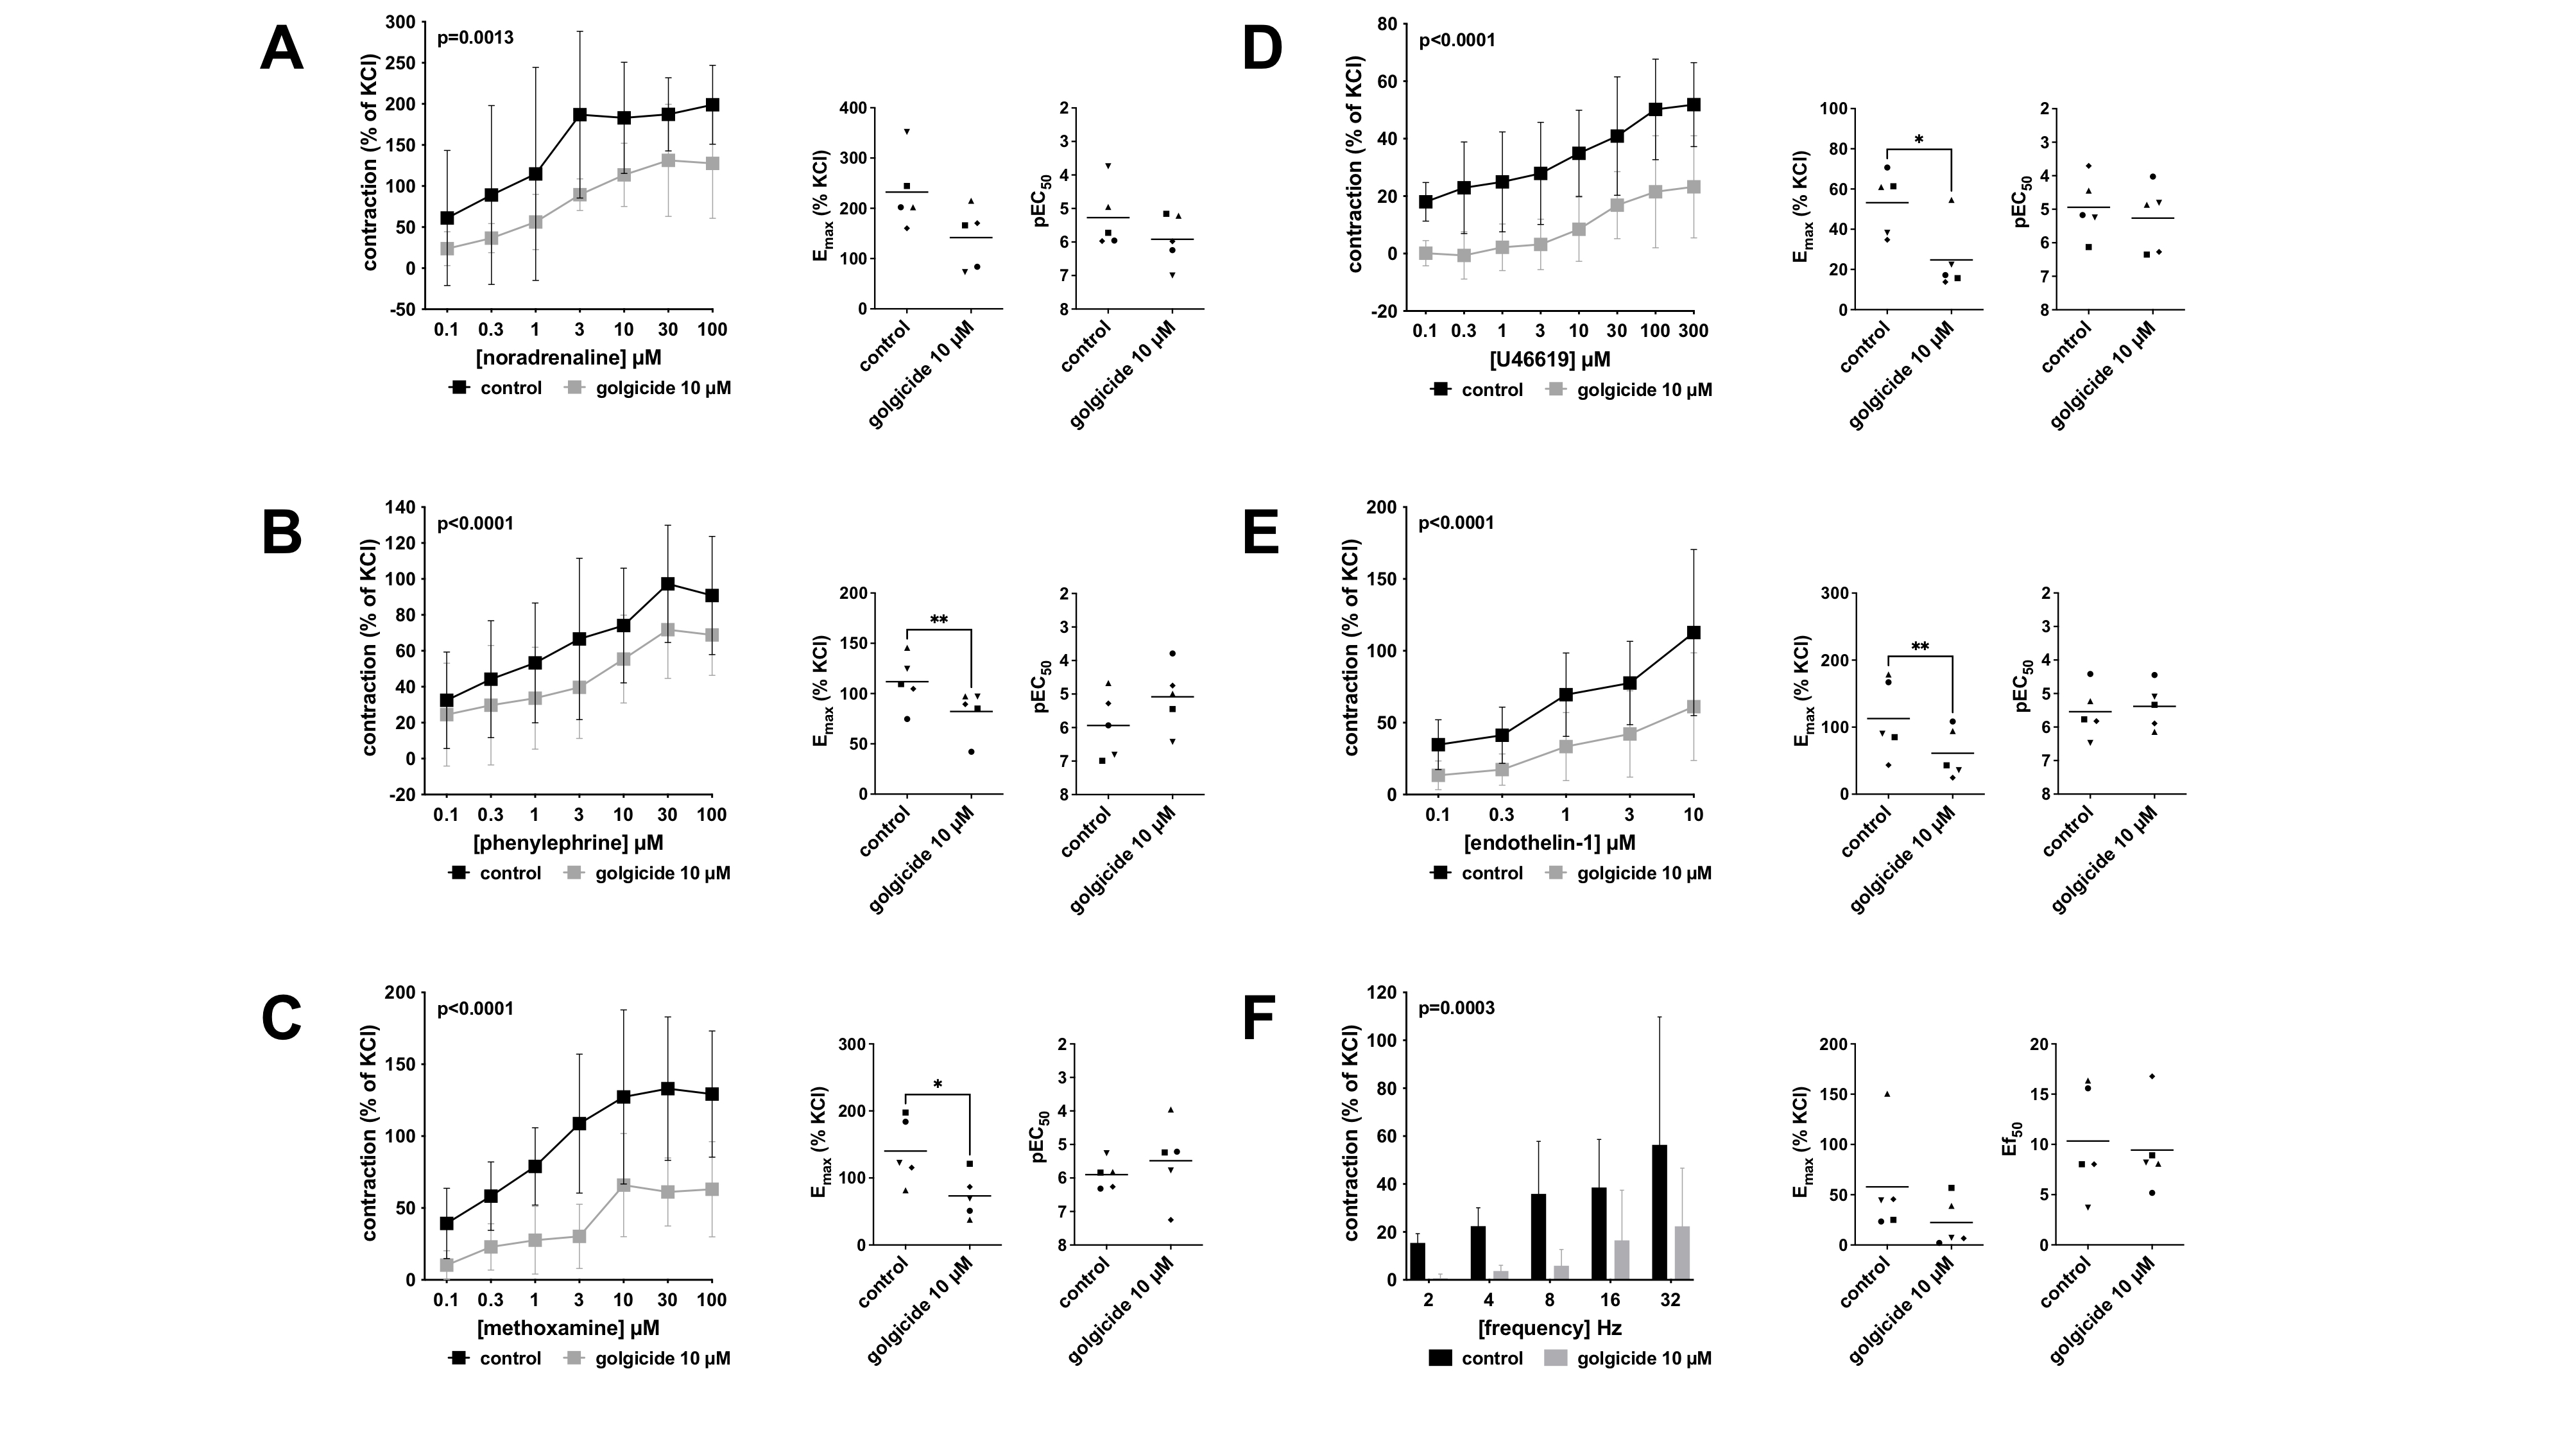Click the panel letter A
(x=281, y=49)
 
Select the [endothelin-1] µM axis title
(x=1550, y=843)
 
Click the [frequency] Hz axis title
(x=1550, y=1328)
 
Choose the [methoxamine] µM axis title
(x=568, y=1328)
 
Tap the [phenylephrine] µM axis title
(x=568, y=843)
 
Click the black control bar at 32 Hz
(x=1660, y=1212)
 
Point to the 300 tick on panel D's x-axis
(x=1693, y=331)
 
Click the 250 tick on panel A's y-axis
(x=402, y=62)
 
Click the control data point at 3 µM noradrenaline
(x=580, y=114)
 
